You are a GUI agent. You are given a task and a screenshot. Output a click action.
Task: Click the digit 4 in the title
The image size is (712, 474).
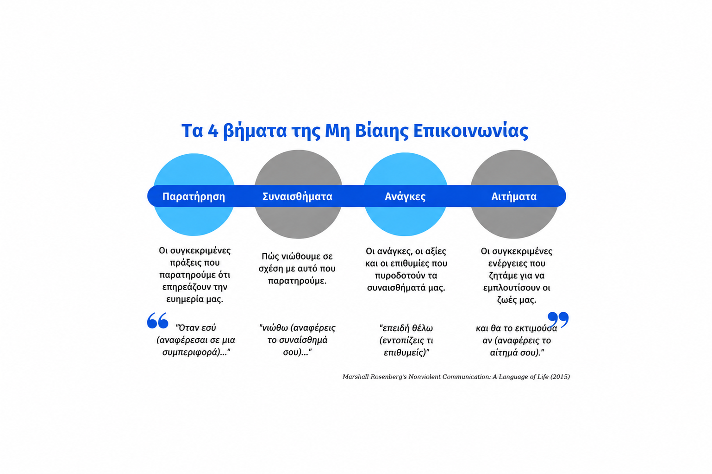pyautogui.click(x=213, y=131)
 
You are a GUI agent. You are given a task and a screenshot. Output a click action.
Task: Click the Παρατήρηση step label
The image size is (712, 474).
pyautogui.click(x=194, y=196)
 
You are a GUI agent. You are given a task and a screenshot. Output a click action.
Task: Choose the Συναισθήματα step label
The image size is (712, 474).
pyautogui.click(x=297, y=196)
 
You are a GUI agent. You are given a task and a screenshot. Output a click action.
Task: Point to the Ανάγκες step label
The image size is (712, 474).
pyautogui.click(x=405, y=196)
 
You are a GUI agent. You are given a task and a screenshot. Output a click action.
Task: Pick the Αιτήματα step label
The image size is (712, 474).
pyautogui.click(x=514, y=196)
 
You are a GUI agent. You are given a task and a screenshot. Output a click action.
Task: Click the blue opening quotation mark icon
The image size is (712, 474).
pyautogui.click(x=158, y=320)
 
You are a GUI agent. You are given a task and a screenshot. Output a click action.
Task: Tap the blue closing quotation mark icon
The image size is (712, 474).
pyautogui.click(x=558, y=320)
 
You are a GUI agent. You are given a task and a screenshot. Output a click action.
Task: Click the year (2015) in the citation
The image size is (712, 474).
pyautogui.click(x=560, y=377)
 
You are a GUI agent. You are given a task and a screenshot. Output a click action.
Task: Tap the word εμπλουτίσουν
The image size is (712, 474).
pyautogui.click(x=507, y=288)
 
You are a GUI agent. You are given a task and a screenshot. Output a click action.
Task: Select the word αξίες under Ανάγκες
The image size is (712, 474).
pyautogui.click(x=435, y=251)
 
